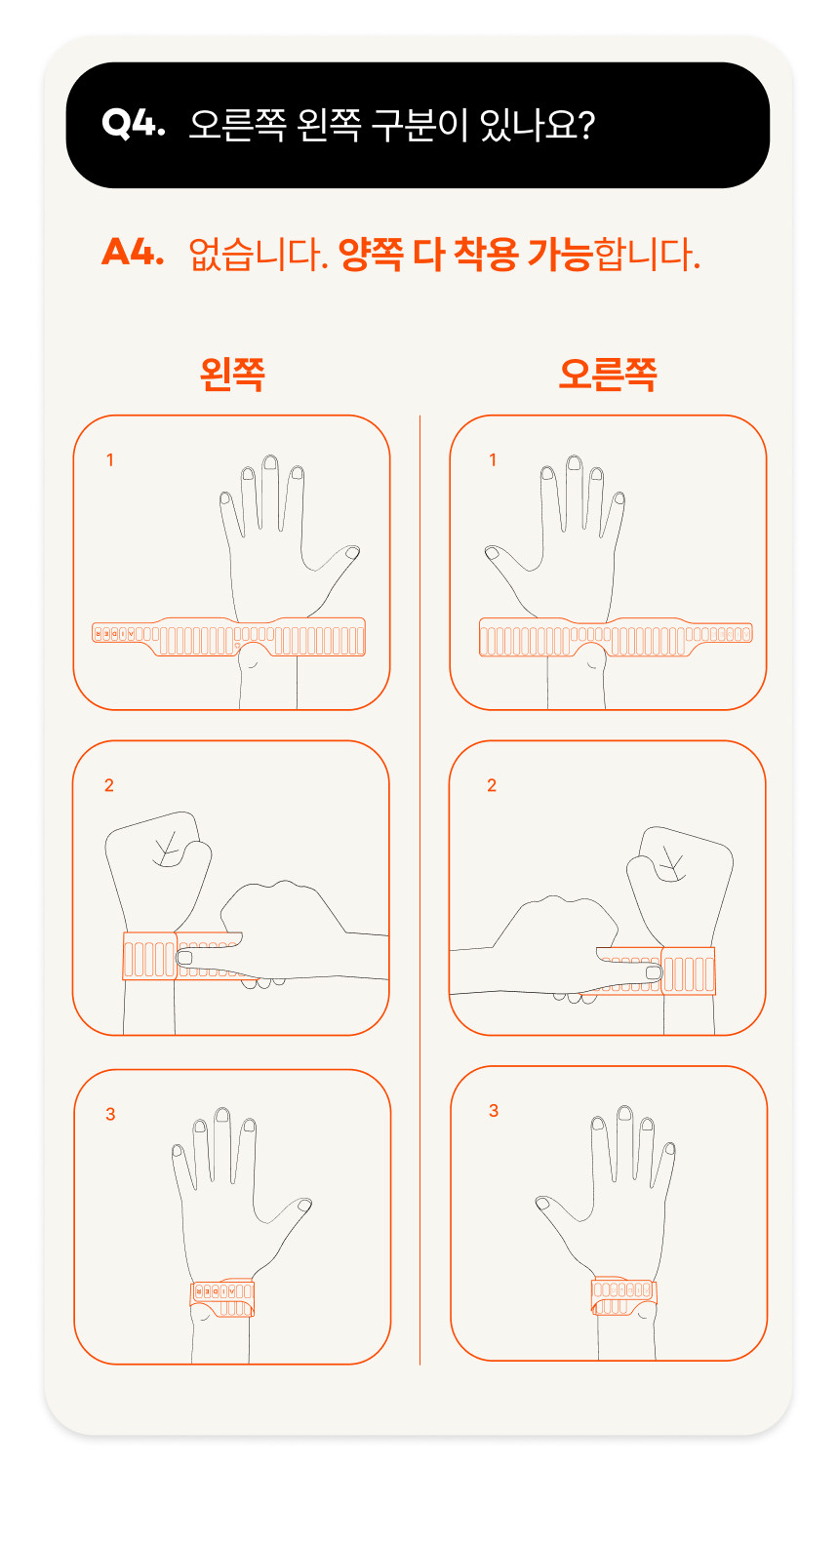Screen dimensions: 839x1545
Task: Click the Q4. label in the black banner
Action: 133,124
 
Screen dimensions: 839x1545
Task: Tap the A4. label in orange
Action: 133,252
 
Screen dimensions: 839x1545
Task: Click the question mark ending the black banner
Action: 585,125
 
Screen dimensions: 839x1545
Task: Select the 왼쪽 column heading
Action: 232,375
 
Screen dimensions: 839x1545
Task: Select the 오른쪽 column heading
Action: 608,375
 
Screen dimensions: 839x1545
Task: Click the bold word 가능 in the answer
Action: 560,254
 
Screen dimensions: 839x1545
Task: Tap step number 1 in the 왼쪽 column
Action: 109,460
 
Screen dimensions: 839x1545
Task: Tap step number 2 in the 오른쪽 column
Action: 492,785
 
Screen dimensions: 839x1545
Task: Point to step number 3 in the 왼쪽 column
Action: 110,1114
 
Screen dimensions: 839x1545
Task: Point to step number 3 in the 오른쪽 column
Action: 494,1110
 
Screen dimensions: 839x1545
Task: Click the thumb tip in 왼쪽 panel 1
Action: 352,552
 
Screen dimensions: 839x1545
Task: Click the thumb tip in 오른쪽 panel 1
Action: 492,552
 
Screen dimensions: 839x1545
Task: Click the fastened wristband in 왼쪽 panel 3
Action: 222,1298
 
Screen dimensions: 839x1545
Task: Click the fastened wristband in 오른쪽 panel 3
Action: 623,1295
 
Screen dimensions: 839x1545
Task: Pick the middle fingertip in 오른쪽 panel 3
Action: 624,1113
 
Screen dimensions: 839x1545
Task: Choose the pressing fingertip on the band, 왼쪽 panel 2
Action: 185,958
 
